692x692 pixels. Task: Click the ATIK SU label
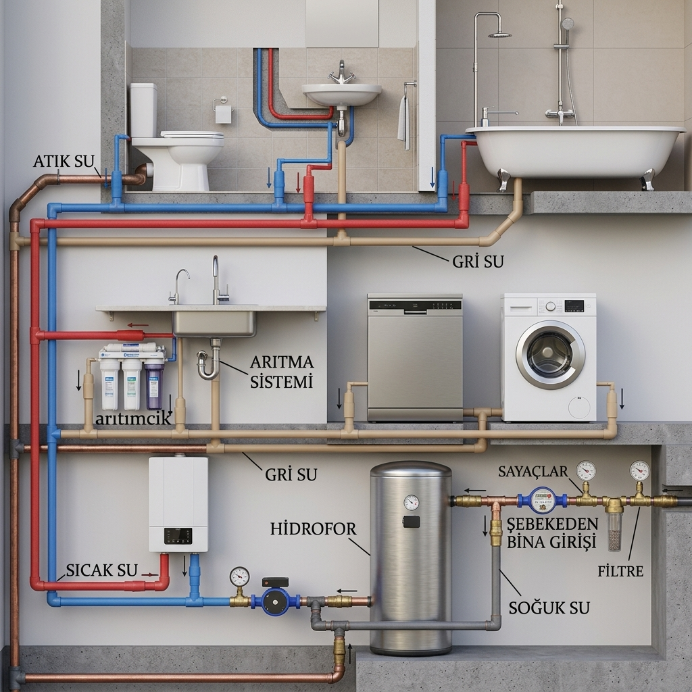(x=64, y=161)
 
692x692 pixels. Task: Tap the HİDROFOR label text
(x=314, y=528)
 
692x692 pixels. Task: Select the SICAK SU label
(x=102, y=570)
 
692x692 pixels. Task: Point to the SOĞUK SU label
(x=549, y=608)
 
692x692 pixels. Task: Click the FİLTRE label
(x=620, y=571)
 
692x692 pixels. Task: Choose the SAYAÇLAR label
(x=533, y=471)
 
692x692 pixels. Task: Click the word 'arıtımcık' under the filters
(x=133, y=418)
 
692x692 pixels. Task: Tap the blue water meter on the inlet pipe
(x=543, y=500)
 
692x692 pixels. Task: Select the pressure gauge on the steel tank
(x=412, y=502)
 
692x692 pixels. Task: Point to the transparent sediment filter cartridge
(x=614, y=530)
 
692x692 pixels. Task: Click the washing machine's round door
(x=550, y=354)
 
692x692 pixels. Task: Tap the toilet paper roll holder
(x=223, y=110)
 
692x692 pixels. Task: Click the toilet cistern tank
(x=143, y=110)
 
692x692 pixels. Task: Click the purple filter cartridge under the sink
(x=154, y=383)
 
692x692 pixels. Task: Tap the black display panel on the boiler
(x=178, y=536)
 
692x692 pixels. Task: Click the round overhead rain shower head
(x=500, y=35)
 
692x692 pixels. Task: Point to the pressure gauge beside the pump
(x=239, y=576)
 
